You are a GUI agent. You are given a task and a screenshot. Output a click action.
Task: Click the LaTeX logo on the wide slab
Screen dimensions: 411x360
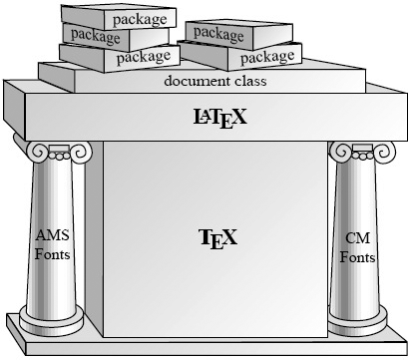[x=220, y=118]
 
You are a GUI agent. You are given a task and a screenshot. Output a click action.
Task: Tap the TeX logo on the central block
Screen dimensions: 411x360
[x=218, y=238]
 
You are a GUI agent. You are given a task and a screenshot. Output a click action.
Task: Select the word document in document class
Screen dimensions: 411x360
[x=197, y=81]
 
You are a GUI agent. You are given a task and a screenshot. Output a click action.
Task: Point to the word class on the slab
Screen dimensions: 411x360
[x=250, y=81]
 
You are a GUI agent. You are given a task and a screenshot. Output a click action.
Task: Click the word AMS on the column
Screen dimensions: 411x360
[x=53, y=235]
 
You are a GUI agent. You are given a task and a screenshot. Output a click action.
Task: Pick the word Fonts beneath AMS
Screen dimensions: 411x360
[x=53, y=254]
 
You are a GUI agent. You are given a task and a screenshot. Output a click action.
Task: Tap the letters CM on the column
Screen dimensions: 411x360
[x=357, y=238]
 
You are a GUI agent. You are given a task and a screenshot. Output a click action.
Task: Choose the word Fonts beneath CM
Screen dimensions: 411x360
[x=357, y=257]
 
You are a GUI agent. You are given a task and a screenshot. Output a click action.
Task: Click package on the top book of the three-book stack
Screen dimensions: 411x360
[x=140, y=19]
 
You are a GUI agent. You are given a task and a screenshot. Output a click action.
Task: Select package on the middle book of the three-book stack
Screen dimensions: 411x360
[x=96, y=36]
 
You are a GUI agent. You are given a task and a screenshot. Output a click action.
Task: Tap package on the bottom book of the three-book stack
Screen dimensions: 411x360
[x=144, y=57]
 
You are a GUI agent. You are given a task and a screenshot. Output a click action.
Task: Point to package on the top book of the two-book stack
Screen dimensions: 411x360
[x=218, y=34]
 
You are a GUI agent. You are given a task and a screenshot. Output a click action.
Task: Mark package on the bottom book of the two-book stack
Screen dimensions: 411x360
[x=267, y=58]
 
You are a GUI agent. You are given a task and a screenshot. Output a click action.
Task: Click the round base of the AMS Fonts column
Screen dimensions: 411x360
[x=52, y=320]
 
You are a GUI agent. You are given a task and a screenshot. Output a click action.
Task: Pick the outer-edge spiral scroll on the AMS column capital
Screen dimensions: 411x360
[x=37, y=152]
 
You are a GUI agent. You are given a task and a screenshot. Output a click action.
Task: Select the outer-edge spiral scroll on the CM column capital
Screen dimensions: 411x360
[x=385, y=153]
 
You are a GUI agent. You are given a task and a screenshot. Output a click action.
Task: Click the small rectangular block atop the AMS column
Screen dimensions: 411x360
[x=59, y=149]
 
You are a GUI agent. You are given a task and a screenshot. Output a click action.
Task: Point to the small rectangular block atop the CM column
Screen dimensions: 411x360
[x=363, y=148]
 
